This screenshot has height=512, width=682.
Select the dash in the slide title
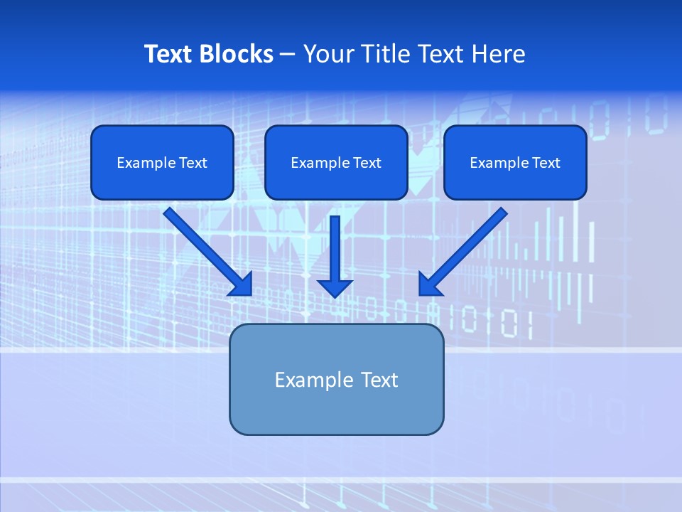pos(288,54)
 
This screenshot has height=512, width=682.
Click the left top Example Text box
pos(162,163)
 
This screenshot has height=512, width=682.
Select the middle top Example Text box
pos(336,163)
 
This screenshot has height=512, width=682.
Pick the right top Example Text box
pos(515,163)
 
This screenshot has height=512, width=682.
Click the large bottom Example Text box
pos(336,380)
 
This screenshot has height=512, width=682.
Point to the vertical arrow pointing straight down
pos(335,249)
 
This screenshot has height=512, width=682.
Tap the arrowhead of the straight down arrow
pos(335,287)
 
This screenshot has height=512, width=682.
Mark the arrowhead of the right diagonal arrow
pos(429,284)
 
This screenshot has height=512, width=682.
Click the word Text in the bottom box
pos(380,380)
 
